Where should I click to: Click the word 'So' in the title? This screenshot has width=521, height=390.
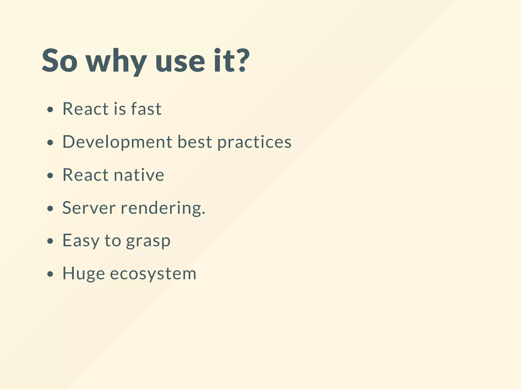[x=59, y=61]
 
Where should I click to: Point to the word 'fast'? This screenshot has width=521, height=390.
[x=146, y=109]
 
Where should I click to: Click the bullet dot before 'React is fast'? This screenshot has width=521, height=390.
[x=50, y=110]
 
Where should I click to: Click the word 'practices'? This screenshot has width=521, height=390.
[x=254, y=142]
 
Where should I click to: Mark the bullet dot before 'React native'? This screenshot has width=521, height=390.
[x=50, y=176]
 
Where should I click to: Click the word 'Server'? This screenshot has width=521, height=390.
[x=89, y=208]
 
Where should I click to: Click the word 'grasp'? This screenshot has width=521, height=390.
[x=148, y=241]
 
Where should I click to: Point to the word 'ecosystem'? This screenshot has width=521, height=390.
[x=153, y=274]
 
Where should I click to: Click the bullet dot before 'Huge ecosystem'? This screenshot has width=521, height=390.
[x=50, y=274]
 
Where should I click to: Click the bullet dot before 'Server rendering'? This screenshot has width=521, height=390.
[x=50, y=209]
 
